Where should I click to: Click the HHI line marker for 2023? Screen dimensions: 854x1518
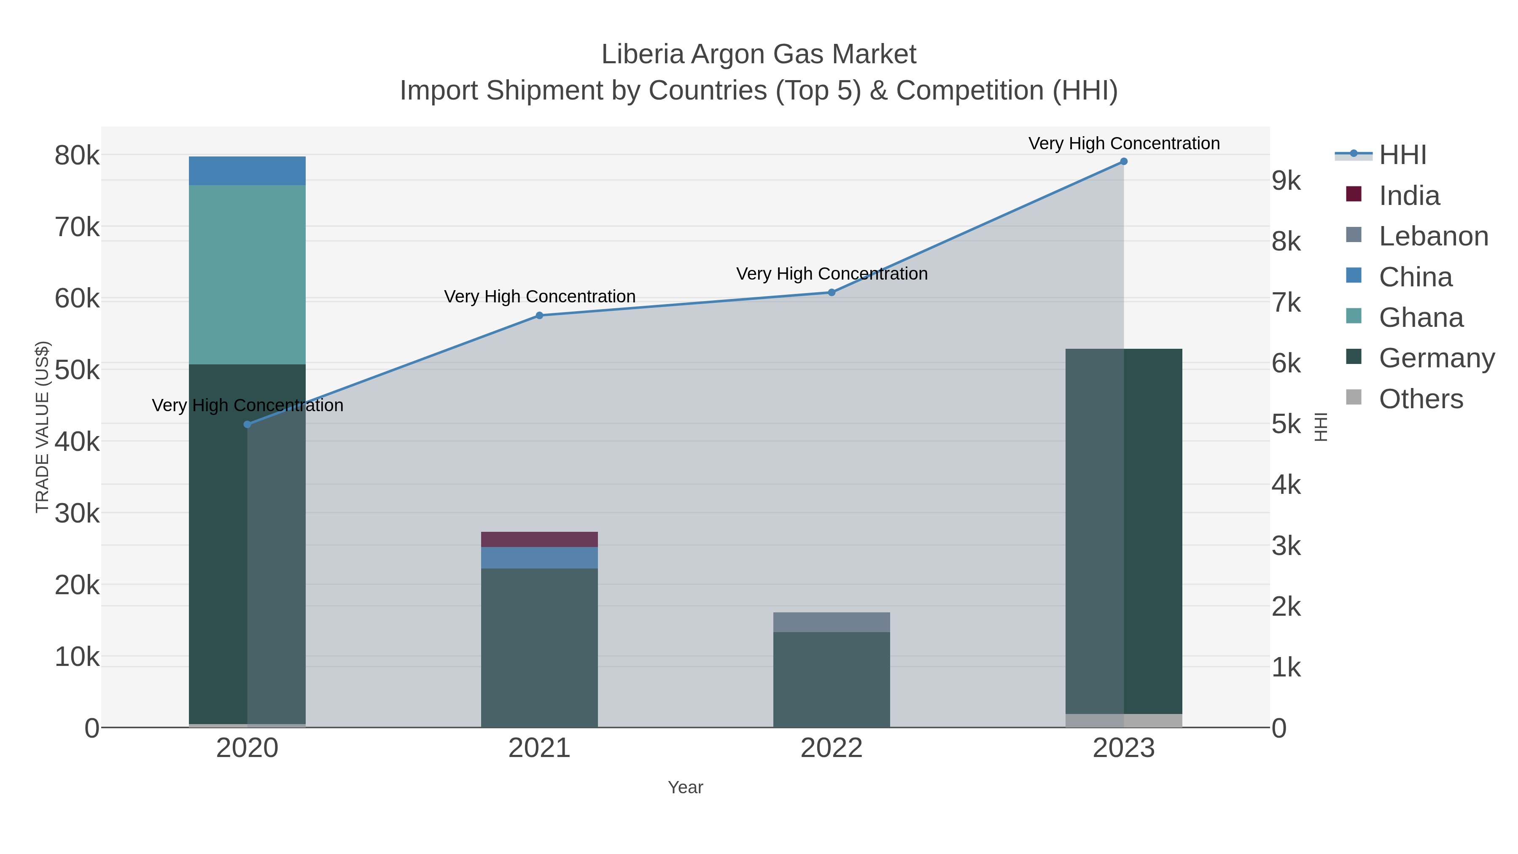point(1123,162)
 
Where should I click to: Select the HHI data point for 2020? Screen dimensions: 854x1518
point(247,424)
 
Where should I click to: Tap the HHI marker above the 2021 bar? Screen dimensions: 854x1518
point(539,315)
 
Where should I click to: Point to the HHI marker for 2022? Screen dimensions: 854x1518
point(832,292)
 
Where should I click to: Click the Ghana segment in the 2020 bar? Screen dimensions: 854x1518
point(247,275)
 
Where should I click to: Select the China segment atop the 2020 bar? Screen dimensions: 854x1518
point(247,171)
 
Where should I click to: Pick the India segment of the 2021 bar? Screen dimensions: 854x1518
point(539,539)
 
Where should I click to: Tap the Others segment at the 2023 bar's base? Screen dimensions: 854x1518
point(1123,720)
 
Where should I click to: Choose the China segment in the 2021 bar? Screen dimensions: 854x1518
point(539,558)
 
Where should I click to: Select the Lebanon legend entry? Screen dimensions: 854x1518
point(1433,236)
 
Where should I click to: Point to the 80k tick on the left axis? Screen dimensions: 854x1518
point(77,156)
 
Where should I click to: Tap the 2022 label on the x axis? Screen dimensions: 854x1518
point(832,748)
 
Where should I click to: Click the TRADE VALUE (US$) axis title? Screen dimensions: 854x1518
point(43,427)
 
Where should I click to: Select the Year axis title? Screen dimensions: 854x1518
point(685,787)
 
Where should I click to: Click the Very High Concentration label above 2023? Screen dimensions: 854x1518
point(1123,143)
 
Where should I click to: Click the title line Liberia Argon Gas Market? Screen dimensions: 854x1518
point(759,54)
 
